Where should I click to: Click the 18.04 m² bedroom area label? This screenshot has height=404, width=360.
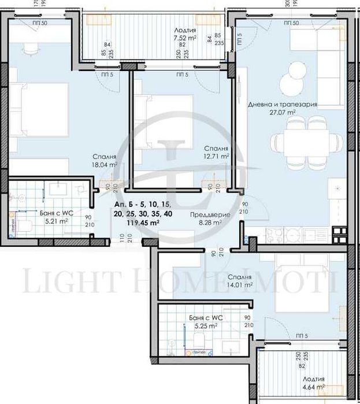click(x=105, y=164)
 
